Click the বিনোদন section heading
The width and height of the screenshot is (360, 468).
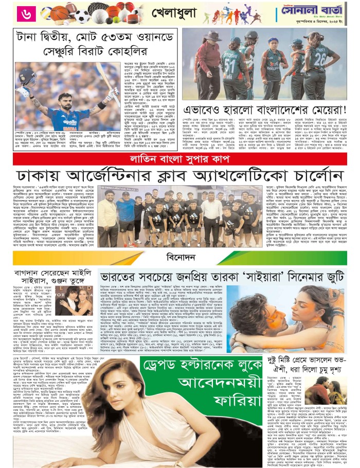click(x=180, y=255)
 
